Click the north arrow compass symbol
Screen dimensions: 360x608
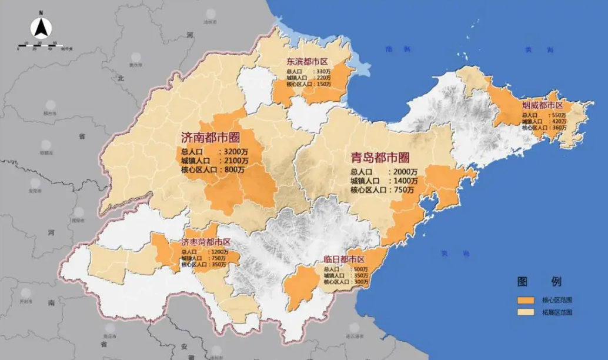(41, 27)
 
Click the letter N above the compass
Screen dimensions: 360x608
(41, 12)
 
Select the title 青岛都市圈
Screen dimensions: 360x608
(379, 157)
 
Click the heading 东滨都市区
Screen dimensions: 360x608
(306, 61)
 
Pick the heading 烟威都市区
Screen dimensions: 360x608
(542, 105)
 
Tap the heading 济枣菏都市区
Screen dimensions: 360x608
(205, 242)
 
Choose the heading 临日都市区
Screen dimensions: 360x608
(344, 259)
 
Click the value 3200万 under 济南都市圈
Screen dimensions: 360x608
(233, 151)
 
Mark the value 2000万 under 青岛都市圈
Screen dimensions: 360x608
(405, 172)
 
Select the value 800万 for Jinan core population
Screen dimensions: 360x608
(233, 169)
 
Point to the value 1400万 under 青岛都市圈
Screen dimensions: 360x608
(405, 181)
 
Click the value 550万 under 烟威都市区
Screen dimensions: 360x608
(559, 115)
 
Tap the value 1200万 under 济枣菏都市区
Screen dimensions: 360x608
(218, 252)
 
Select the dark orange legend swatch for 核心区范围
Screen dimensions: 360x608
(525, 299)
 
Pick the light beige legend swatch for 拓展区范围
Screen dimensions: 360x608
(525, 313)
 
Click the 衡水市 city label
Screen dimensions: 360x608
(136, 65)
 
